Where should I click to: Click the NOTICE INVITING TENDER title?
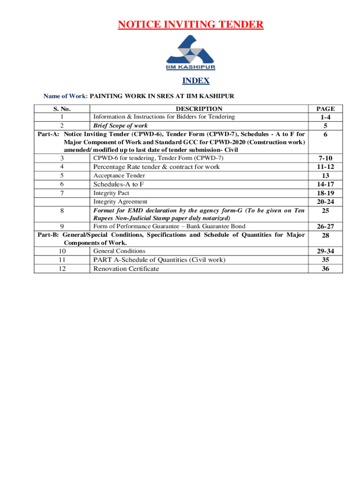pos(190,24)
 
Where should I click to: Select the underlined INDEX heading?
pos(196,81)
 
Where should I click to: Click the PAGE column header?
pos(325,109)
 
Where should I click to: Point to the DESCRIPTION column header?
pos(199,109)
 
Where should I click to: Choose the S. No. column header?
pos(62,109)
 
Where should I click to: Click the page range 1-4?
pos(325,117)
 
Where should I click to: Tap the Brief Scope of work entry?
pos(121,125)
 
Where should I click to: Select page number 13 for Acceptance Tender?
pos(325,175)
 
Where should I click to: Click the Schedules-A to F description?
pos(119,184)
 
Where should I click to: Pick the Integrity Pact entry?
pos(111,193)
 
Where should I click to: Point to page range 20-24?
pos(325,202)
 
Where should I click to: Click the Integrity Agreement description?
pos(121,202)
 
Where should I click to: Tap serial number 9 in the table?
pos(62,226)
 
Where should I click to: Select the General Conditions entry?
pos(119,251)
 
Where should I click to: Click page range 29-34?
pos(325,251)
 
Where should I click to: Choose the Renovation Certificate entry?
pos(126,269)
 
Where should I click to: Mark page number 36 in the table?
pos(325,269)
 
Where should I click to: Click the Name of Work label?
pos(65,96)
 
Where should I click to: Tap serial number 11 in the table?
pos(62,260)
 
